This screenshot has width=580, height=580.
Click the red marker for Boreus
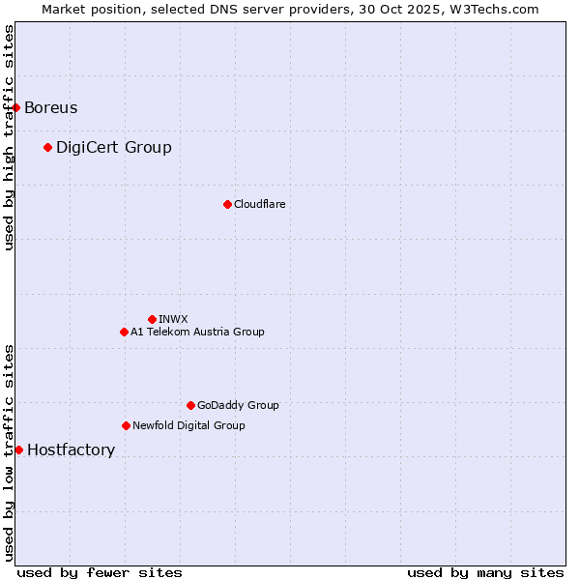click(x=16, y=107)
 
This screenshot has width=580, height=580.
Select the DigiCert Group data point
click(x=47, y=147)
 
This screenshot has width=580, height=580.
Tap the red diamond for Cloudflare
click(x=227, y=204)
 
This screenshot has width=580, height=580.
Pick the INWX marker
click(x=152, y=319)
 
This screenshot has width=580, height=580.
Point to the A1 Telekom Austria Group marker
click(x=124, y=332)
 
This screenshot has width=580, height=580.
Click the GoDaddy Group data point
click(x=190, y=405)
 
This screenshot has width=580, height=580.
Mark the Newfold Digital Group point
click(x=126, y=425)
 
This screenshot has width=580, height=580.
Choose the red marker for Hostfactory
click(x=18, y=449)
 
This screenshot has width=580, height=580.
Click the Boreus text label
click(x=51, y=107)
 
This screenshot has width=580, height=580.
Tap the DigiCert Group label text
click(x=114, y=147)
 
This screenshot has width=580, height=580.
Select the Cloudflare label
click(x=259, y=204)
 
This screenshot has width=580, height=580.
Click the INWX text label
click(x=173, y=319)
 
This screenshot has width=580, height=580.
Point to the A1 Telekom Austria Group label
click(x=197, y=332)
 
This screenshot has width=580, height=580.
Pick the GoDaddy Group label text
click(x=238, y=405)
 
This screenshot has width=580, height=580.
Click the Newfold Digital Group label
click(x=188, y=425)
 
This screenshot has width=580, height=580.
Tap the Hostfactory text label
click(x=71, y=449)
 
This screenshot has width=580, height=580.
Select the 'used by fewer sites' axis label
click(x=100, y=572)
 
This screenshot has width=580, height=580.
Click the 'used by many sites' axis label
click(x=485, y=572)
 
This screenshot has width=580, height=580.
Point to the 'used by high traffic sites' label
click(x=9, y=137)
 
